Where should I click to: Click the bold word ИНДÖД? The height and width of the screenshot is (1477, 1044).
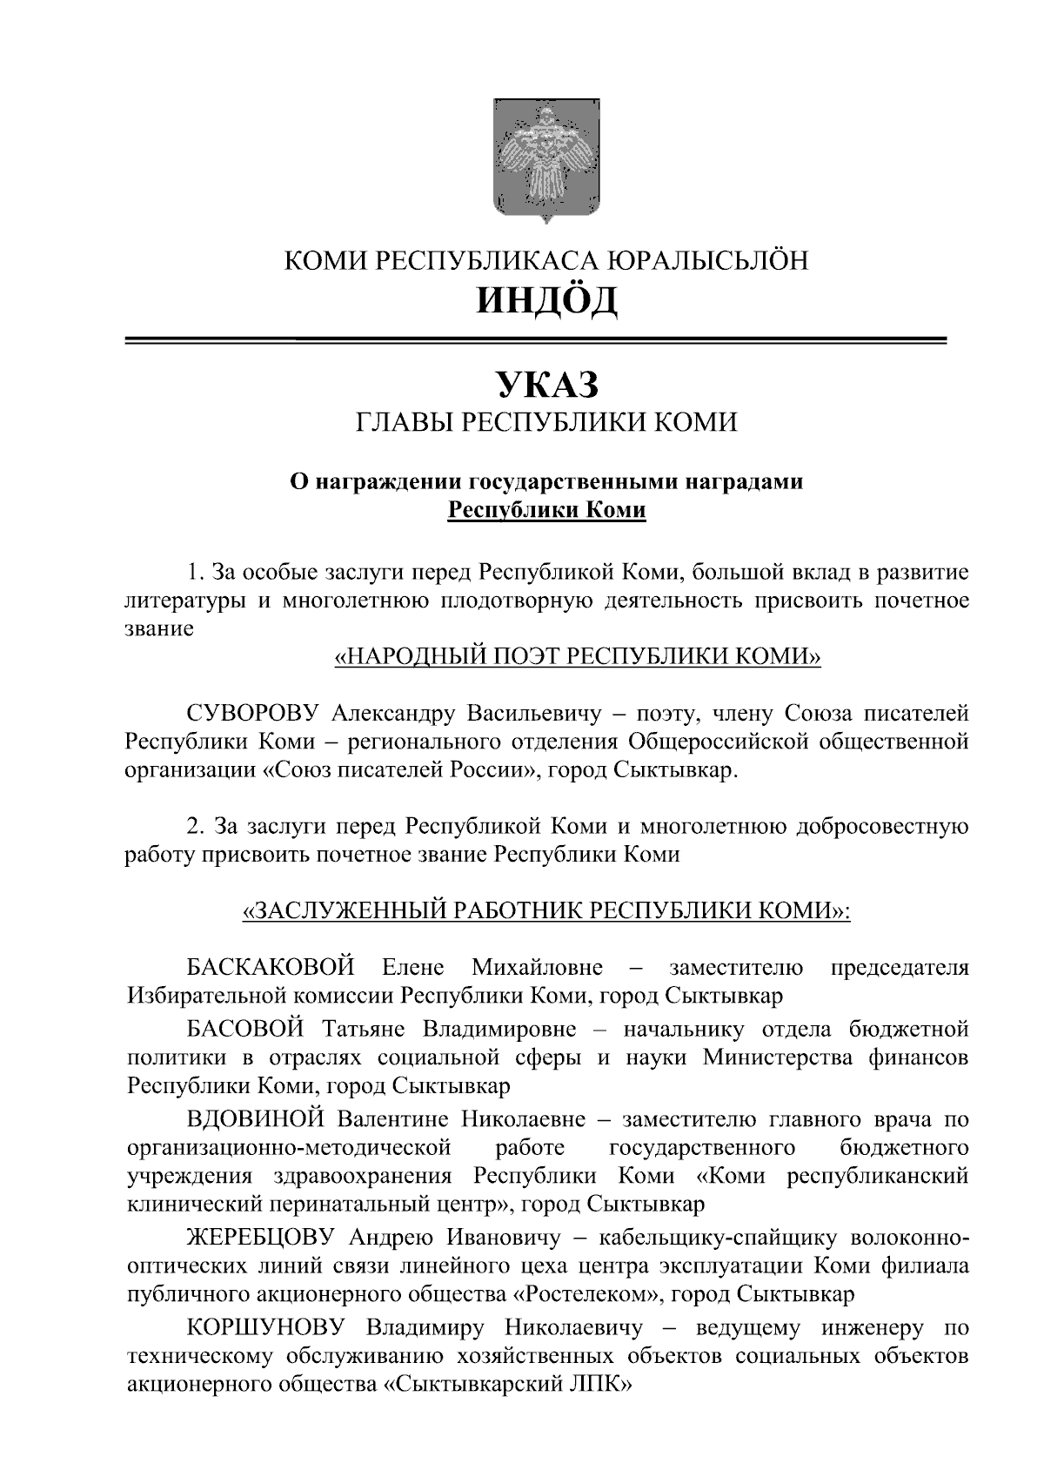click(545, 300)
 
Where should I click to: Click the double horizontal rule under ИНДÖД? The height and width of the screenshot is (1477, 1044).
click(535, 340)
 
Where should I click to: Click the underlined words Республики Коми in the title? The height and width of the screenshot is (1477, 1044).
click(545, 509)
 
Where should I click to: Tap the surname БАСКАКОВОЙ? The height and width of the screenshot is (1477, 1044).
click(271, 967)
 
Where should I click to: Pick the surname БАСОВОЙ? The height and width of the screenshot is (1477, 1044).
click(245, 1030)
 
